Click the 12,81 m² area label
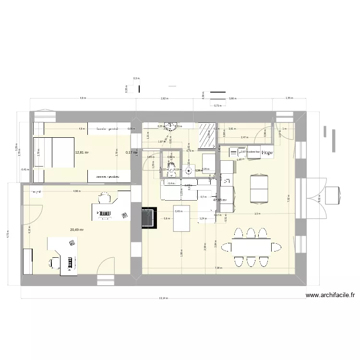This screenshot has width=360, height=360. tap(82, 153)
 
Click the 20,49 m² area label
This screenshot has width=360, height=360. tap(77, 230)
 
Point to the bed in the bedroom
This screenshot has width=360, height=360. tap(52, 153)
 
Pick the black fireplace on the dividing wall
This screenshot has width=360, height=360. tap(149, 217)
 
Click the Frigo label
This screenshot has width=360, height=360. tap(267, 153)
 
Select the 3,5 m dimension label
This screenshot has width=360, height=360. tap(257, 214)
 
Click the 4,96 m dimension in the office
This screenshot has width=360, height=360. tap(76, 191)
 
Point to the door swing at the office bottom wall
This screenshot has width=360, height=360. tap(106, 266)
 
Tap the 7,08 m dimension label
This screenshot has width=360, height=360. tap(217, 268)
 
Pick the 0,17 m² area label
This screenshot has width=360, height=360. tap(132, 153)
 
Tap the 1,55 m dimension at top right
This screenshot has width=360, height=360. tap(288, 98)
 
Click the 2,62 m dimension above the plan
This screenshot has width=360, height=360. tap(164, 98)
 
